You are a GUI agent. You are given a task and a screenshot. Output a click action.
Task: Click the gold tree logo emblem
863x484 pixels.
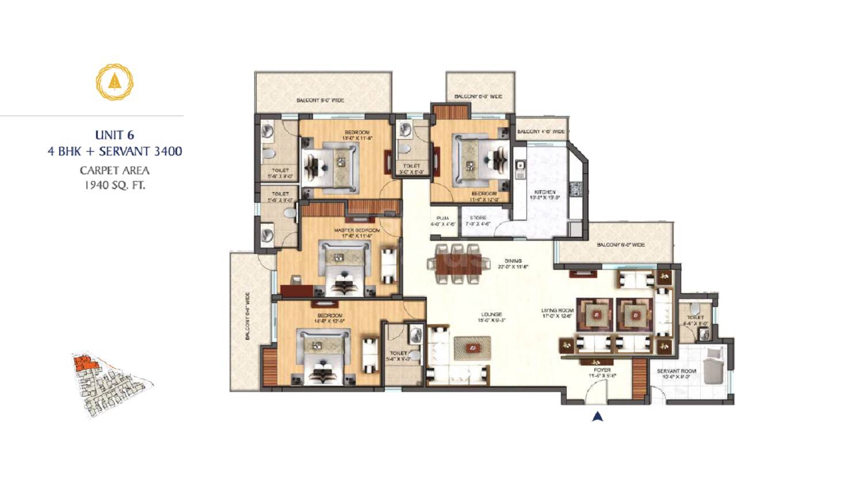click(114, 82)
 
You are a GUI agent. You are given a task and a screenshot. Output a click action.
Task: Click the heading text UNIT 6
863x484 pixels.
click(114, 135)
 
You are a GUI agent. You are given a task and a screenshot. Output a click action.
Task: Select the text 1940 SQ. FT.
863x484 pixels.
click(114, 185)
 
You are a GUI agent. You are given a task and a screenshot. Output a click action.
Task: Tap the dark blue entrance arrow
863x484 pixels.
click(597, 417)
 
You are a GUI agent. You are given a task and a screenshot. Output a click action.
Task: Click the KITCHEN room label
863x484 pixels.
click(544, 192)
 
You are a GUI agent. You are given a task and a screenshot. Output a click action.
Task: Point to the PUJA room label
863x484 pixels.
click(442, 218)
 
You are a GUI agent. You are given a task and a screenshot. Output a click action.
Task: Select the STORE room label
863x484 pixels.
click(478, 218)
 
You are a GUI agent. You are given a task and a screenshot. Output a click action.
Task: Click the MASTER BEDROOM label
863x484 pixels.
click(357, 230)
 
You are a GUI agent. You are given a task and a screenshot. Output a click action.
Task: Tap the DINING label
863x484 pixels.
click(513, 261)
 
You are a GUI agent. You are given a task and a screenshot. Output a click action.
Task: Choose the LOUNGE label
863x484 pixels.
click(492, 314)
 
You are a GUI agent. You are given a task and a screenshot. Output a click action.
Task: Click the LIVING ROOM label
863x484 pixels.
click(557, 310)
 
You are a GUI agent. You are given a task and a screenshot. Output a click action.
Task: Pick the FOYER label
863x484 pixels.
click(602, 370)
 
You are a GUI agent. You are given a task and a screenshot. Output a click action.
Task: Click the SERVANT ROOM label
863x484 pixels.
click(676, 371)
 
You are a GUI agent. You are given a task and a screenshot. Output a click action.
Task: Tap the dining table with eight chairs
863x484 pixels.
click(455, 264)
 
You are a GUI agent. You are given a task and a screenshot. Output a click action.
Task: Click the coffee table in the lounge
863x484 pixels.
click(472, 348)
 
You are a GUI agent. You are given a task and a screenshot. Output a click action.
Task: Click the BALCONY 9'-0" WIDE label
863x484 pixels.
click(320, 101)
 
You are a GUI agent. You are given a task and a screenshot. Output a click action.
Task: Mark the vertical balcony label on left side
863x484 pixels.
click(247, 317)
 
